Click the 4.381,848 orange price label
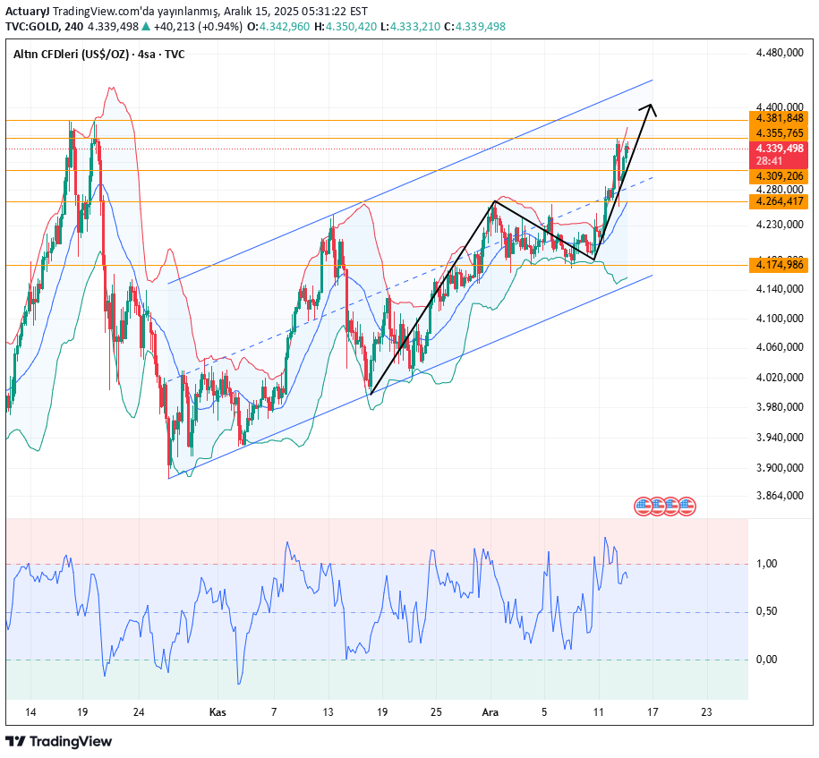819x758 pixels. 779,118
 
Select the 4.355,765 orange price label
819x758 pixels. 779,132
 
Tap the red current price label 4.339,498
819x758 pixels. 779,148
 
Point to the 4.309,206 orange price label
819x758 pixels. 779,177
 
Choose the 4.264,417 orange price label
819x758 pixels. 779,201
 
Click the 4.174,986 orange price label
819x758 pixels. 779,265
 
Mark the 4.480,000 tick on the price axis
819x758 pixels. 779,53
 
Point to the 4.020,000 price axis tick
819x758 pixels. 779,378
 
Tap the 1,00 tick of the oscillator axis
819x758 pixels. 766,564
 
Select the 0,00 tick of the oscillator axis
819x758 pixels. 766,660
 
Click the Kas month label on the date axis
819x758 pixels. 217,712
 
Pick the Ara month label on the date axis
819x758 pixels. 490,712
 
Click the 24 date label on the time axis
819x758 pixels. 139,712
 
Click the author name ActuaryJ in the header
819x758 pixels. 25,10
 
